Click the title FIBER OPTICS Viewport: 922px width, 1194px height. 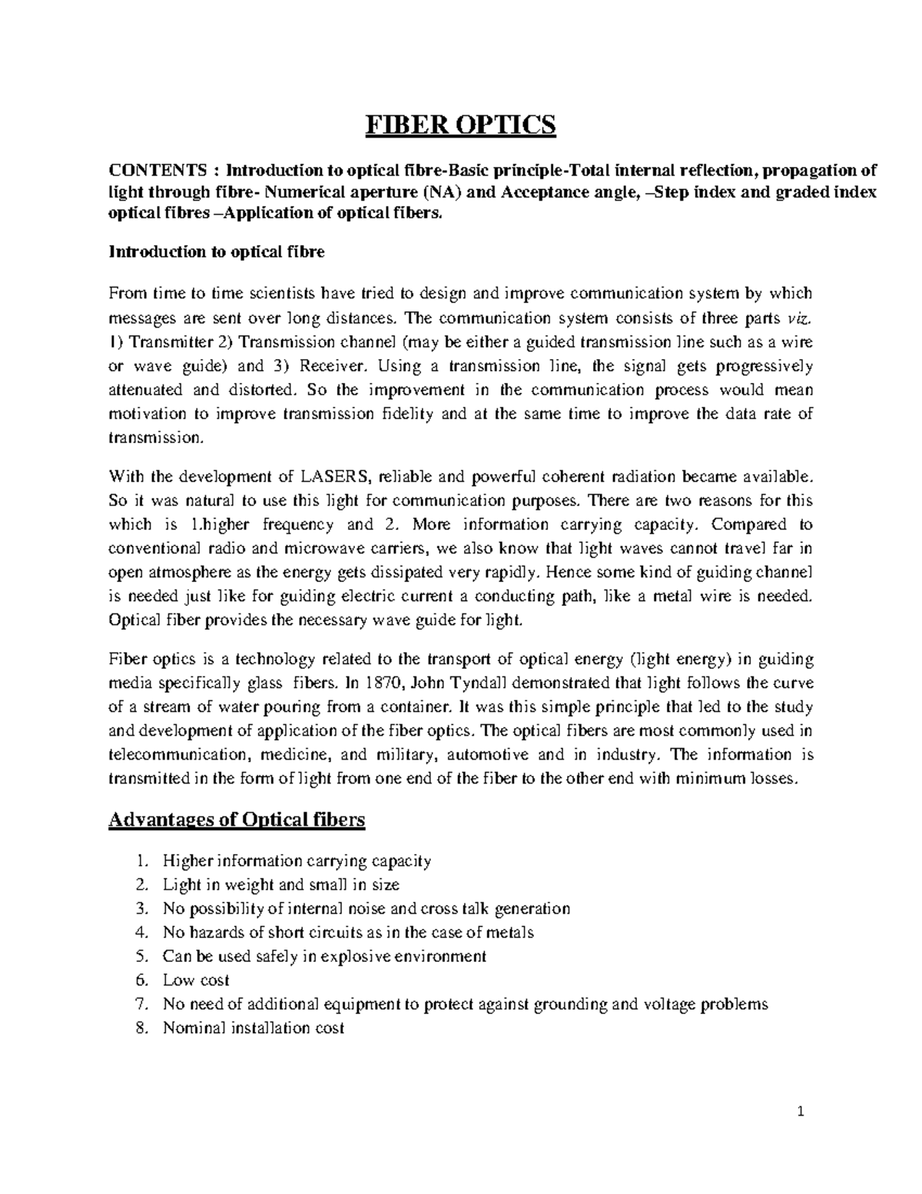(459, 125)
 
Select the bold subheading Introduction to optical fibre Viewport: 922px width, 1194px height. (217, 251)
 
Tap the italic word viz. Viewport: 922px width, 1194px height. (800, 318)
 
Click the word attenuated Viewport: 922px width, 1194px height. (145, 390)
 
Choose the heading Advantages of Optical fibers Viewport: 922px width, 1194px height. (237, 820)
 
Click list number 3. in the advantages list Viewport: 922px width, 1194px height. (140, 909)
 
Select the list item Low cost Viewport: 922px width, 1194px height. (196, 980)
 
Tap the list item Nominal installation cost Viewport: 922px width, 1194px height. (254, 1028)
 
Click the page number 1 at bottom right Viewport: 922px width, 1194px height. (799, 1112)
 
